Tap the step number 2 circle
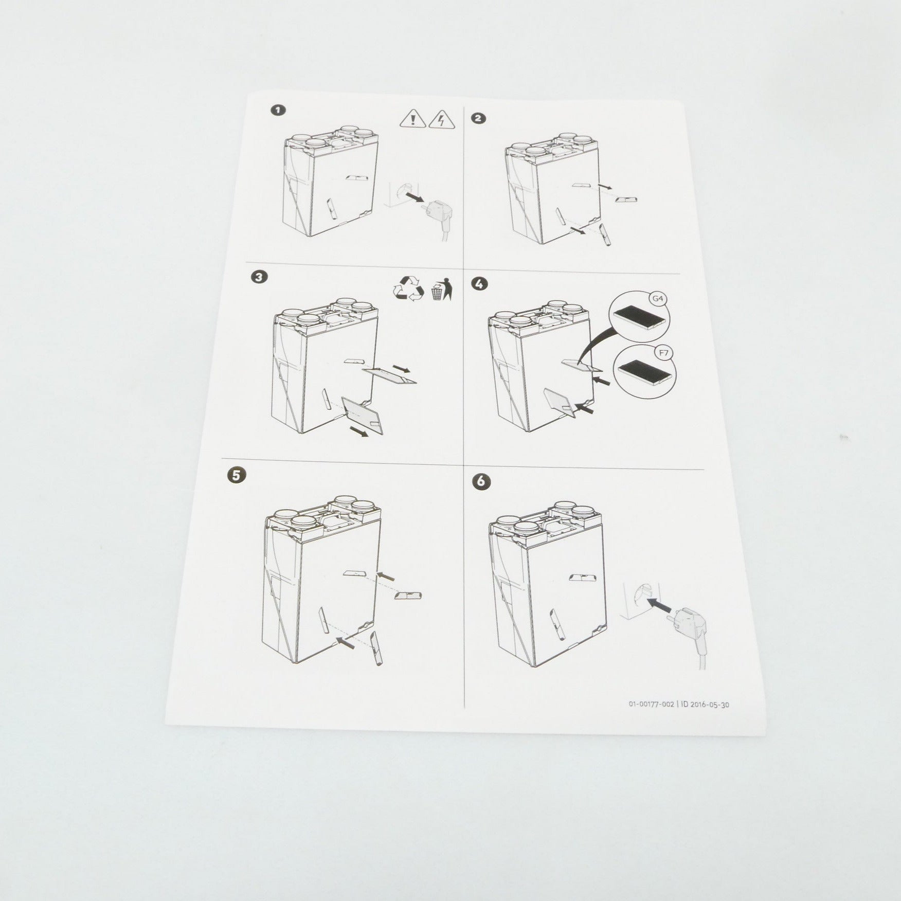click(x=478, y=118)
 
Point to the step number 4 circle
click(x=480, y=284)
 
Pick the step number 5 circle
click(x=235, y=475)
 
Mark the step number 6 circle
click(x=484, y=482)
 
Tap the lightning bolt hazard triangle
click(x=441, y=119)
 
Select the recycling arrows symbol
click(x=408, y=289)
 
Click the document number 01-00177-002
click(x=651, y=705)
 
